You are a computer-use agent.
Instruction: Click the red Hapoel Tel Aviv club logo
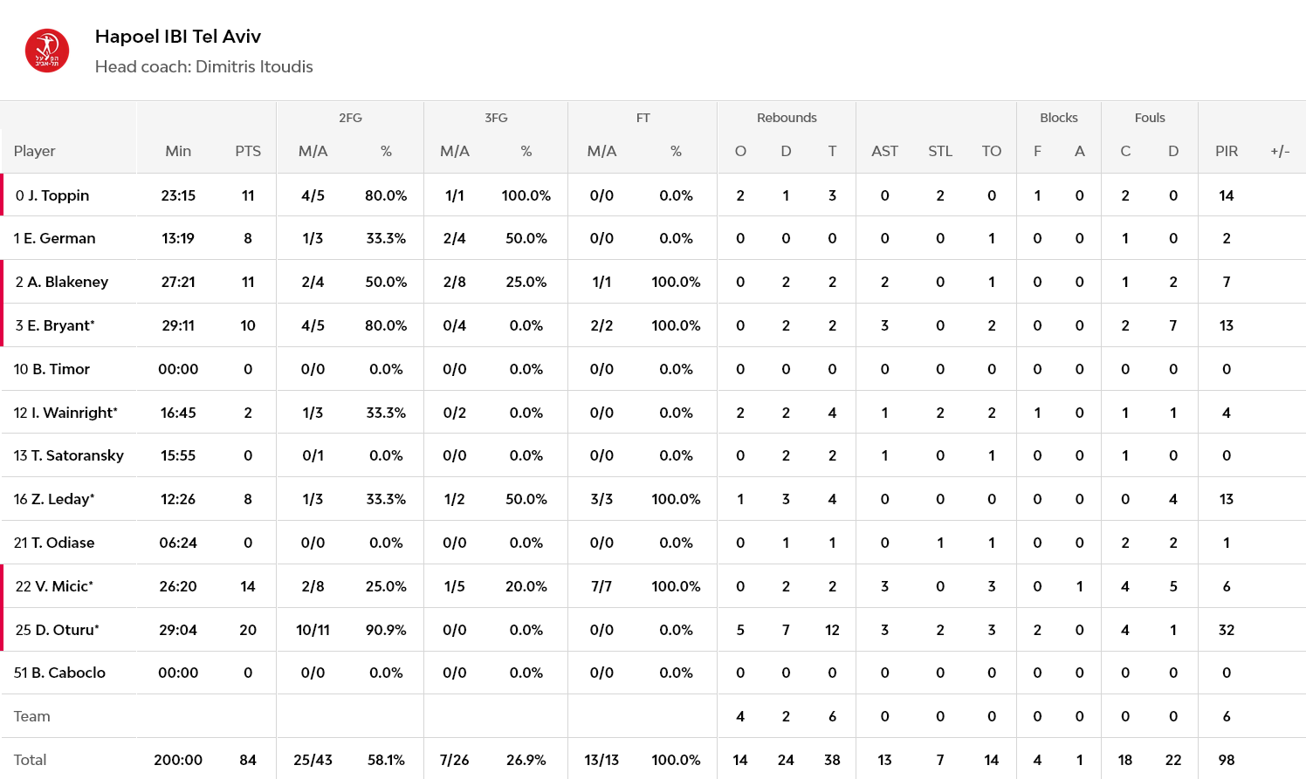pyautogui.click(x=47, y=51)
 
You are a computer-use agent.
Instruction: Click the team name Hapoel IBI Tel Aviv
pyautogui.click(x=178, y=37)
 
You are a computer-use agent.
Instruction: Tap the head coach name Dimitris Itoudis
pyautogui.click(x=254, y=66)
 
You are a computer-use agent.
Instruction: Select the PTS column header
pyautogui.click(x=248, y=152)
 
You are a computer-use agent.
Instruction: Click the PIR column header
pyautogui.click(x=1227, y=152)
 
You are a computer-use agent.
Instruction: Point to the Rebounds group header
pyautogui.click(x=787, y=118)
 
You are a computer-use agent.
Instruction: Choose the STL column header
pyautogui.click(x=940, y=152)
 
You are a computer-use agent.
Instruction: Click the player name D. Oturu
pyautogui.click(x=67, y=630)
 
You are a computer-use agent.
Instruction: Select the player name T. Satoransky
pyautogui.click(x=77, y=455)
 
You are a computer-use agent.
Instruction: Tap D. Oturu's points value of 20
pyautogui.click(x=248, y=630)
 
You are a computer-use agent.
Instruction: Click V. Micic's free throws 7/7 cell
pyautogui.click(x=601, y=586)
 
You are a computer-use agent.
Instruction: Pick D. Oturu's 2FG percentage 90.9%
pyautogui.click(x=385, y=630)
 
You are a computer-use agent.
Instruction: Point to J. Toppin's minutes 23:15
pyautogui.click(x=178, y=195)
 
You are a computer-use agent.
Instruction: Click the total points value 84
pyautogui.click(x=248, y=760)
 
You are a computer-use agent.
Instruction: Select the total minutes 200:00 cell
pyautogui.click(x=178, y=760)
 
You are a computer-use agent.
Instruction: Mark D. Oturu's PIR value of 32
pyautogui.click(x=1227, y=630)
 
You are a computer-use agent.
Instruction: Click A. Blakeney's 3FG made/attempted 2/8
pyautogui.click(x=454, y=282)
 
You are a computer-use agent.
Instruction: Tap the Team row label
pyautogui.click(x=32, y=716)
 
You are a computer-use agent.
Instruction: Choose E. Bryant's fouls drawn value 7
pyautogui.click(x=1173, y=325)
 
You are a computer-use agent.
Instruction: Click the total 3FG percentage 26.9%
pyautogui.click(x=526, y=760)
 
